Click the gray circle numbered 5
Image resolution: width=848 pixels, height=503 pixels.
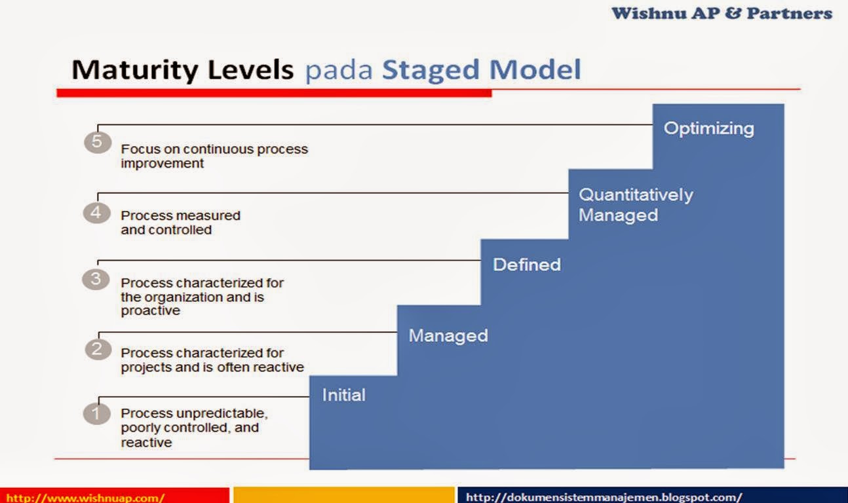click(98, 142)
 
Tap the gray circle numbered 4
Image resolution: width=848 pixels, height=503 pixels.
click(97, 213)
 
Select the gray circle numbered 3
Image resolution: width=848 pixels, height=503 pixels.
click(96, 279)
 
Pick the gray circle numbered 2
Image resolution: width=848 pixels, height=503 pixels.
click(98, 349)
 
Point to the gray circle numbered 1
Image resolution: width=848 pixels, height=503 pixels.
click(97, 414)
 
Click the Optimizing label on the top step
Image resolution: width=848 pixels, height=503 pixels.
click(708, 129)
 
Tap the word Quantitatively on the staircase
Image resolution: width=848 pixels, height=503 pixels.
click(636, 195)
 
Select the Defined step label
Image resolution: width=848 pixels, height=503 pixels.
click(527, 265)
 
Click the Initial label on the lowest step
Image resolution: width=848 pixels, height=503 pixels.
click(344, 395)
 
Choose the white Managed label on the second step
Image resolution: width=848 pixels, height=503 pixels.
click(448, 336)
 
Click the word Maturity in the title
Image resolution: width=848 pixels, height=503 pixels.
click(135, 70)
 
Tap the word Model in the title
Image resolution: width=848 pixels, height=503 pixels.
click(535, 69)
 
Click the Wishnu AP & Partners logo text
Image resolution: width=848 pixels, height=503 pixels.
click(722, 13)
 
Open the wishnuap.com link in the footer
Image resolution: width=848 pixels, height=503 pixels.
click(86, 498)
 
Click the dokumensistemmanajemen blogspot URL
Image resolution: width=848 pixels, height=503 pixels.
click(604, 497)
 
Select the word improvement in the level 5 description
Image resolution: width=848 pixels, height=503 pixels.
click(162, 164)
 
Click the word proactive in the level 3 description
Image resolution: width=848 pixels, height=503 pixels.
click(150, 311)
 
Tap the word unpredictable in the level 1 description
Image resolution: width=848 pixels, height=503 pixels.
click(222, 413)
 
